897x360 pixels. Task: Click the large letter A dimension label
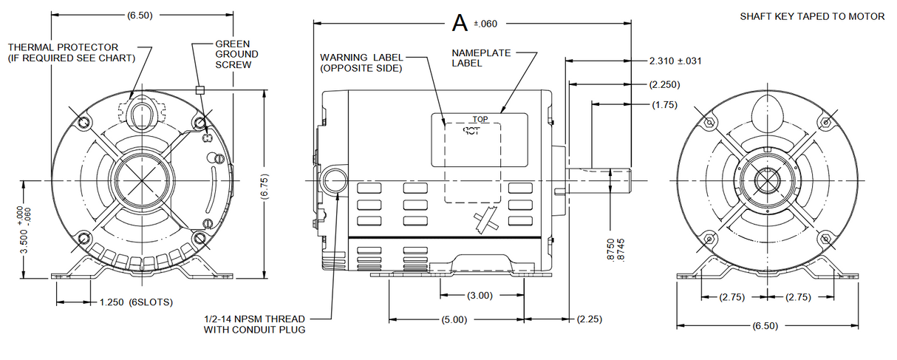coord(460,23)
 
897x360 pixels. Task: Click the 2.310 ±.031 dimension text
coord(675,61)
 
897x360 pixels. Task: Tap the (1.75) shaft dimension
coord(665,105)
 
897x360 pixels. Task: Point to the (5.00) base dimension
coord(454,319)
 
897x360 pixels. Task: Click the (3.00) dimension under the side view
coord(480,296)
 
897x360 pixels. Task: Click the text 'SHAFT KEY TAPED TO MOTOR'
coord(812,16)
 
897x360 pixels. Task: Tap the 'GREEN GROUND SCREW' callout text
coord(236,54)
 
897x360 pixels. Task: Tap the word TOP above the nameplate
coord(480,118)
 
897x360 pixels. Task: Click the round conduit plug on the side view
coord(333,180)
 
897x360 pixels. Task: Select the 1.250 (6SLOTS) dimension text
coord(135,302)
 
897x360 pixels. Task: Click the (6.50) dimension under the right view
coord(764,325)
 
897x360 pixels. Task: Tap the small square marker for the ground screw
coord(199,90)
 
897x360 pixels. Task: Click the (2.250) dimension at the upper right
coord(665,84)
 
